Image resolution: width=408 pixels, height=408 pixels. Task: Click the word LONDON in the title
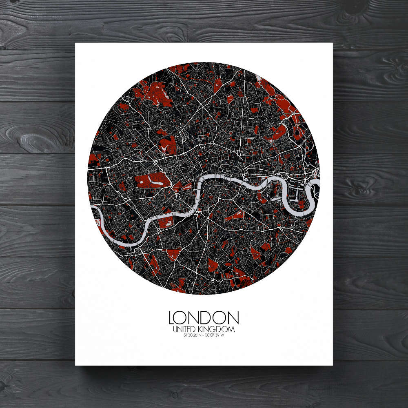(204, 318)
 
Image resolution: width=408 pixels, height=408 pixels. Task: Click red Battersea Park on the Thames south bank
(166, 222)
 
